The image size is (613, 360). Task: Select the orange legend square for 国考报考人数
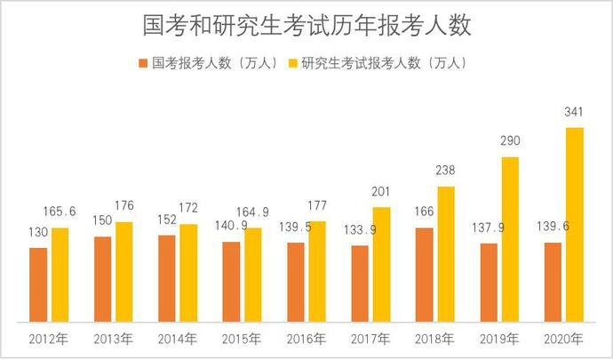point(143,64)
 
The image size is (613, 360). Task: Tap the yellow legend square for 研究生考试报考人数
point(293,64)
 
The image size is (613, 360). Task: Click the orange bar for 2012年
point(37,284)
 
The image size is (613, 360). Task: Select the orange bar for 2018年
point(424,275)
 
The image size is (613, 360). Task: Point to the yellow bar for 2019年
point(510,239)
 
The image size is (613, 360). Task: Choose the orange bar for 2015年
point(231,281)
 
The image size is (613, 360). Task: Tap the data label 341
point(575,112)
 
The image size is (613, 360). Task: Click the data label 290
point(510,142)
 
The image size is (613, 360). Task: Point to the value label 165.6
point(60,212)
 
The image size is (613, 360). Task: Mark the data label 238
point(445,172)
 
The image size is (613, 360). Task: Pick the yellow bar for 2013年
point(123,271)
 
